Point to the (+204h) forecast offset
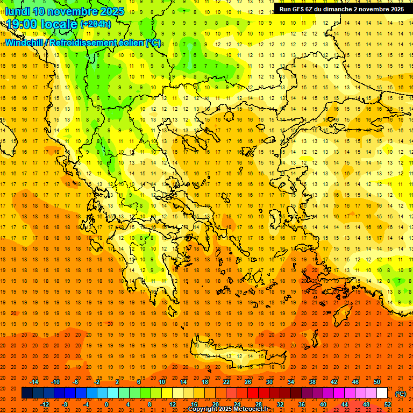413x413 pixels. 95,24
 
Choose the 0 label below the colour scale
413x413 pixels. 106,404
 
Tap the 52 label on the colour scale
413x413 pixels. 388,404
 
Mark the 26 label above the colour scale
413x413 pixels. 248,382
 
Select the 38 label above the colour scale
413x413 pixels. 312,382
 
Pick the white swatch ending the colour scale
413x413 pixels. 382,393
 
